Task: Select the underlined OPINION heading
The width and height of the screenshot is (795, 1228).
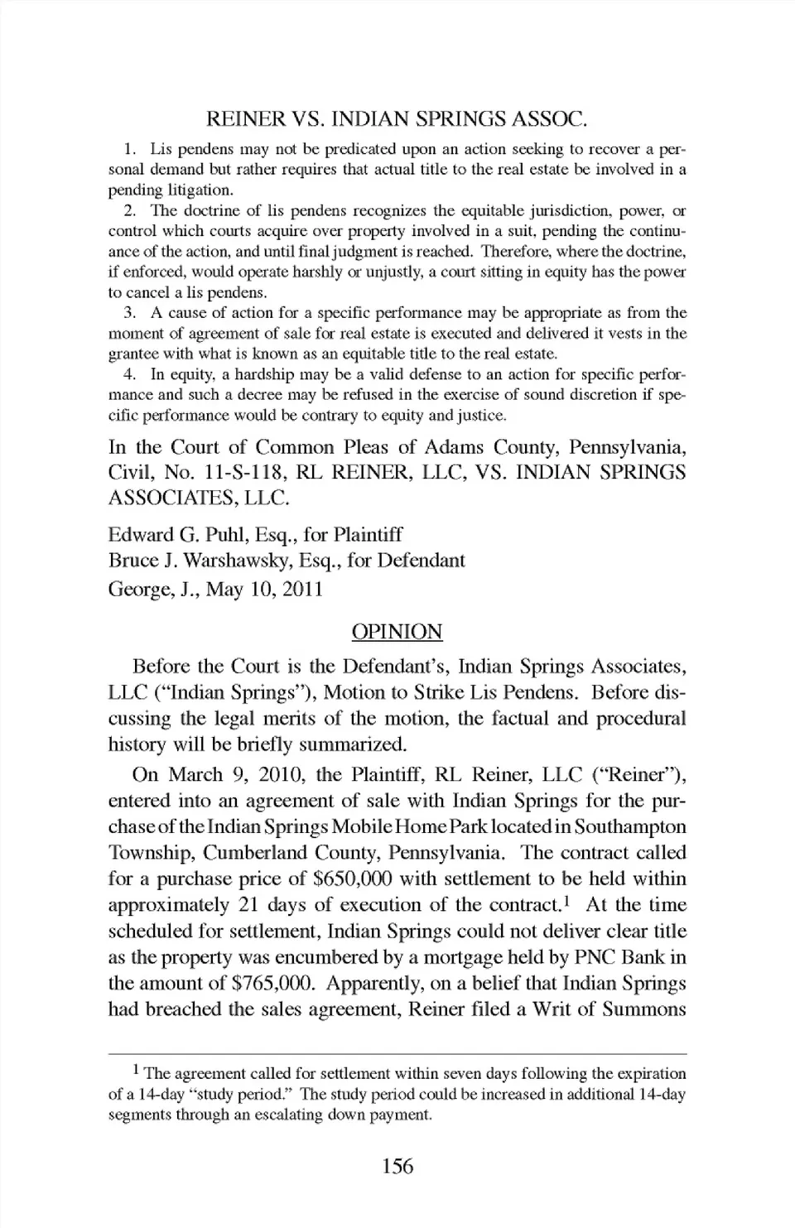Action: pyautogui.click(x=397, y=632)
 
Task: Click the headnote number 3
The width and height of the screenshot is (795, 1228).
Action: pyautogui.click(x=129, y=313)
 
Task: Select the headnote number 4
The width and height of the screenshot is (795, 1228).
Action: pyautogui.click(x=129, y=374)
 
